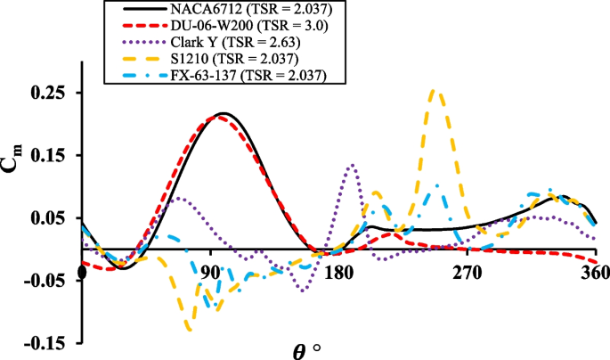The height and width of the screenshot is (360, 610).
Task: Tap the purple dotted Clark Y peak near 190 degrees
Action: point(354,165)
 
